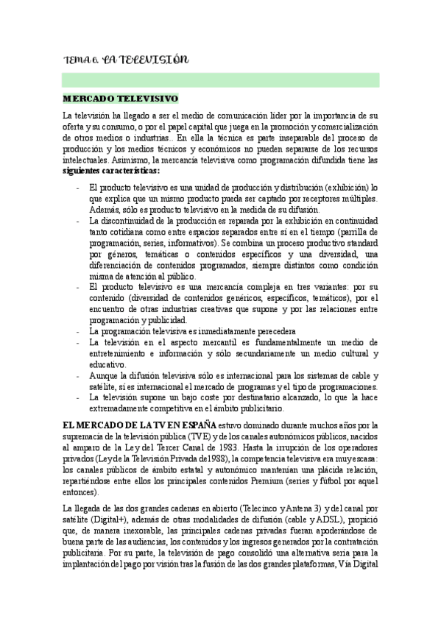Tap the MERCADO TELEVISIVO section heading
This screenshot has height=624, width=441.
[120, 98]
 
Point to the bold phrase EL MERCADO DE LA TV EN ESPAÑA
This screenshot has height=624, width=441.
[139, 425]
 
